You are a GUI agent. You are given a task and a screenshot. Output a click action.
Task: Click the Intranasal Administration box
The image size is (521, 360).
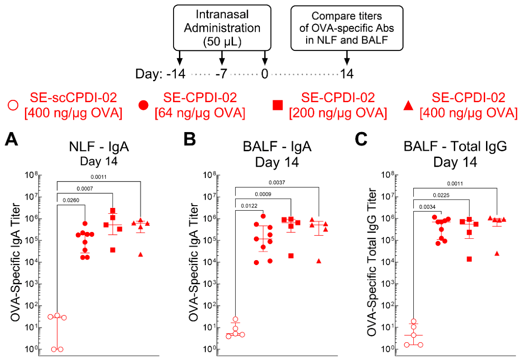click(222, 28)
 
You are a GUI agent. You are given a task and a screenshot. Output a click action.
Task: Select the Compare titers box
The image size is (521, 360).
click(347, 28)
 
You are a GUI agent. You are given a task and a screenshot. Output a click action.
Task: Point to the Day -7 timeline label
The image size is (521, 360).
click(221, 74)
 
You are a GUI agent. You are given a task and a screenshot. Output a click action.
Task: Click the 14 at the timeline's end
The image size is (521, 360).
click(347, 74)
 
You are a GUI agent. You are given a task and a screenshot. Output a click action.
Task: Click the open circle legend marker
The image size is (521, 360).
click(13, 105)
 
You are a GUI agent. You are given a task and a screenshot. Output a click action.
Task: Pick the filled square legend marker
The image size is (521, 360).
click(278, 105)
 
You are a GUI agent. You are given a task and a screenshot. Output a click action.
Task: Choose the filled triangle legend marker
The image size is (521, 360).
click(408, 105)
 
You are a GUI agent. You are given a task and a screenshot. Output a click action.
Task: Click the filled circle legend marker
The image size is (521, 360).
click(143, 105)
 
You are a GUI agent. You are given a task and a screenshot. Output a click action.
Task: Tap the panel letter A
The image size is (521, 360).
click(11, 139)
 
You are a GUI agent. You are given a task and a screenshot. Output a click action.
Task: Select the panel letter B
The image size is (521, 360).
click(190, 139)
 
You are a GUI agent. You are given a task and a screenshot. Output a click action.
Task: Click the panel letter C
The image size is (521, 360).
click(361, 139)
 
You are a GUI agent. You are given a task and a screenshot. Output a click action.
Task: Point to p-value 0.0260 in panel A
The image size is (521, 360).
click(71, 200)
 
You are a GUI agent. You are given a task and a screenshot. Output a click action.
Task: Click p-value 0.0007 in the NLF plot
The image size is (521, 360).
click(85, 189)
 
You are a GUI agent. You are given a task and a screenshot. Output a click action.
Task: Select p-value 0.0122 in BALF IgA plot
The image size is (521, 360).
click(249, 206)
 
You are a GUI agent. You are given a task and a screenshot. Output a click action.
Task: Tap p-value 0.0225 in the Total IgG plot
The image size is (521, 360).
click(441, 195)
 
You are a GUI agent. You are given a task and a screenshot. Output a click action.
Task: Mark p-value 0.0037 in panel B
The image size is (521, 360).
click(277, 182)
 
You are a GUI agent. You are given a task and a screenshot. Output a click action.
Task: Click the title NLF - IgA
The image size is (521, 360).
click(99, 147)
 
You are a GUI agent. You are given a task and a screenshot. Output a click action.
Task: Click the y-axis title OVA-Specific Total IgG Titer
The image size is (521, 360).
click(372, 262)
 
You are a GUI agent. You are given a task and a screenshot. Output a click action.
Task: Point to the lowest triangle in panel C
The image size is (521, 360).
click(497, 253)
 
